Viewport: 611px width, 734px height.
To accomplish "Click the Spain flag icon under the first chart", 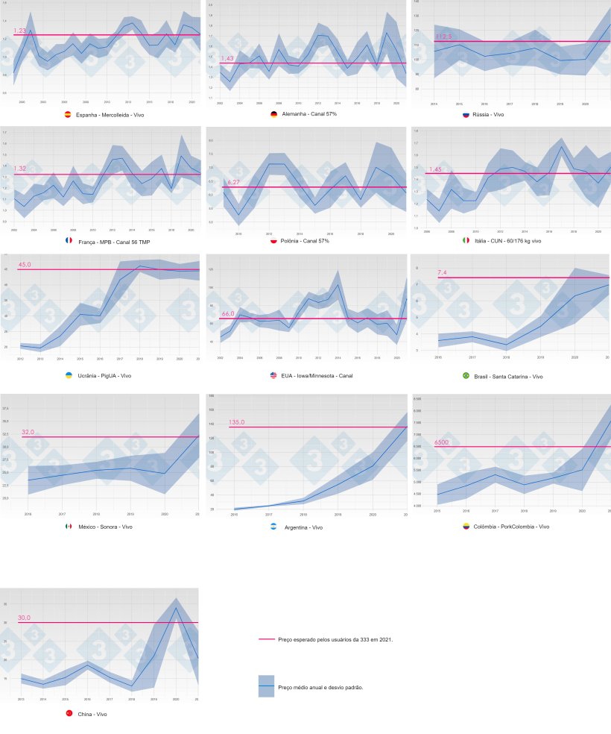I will (69, 115).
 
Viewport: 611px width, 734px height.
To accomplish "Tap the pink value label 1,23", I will (20, 31).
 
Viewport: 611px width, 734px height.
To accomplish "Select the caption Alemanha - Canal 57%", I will (311, 115).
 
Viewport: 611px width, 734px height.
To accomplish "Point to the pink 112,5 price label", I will (443, 37).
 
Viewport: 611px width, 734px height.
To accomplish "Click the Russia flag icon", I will (466, 115).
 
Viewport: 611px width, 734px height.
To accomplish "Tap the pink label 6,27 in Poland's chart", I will (233, 183).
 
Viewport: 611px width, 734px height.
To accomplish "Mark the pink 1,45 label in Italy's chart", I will (435, 169).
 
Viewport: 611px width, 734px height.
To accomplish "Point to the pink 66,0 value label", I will (228, 314).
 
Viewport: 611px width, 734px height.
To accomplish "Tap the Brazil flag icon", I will (466, 376).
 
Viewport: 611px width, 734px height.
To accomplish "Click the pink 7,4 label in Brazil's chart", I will (442, 273).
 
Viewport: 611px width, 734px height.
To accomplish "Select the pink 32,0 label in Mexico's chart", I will (28, 432).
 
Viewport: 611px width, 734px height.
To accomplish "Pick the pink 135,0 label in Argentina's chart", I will (237, 422).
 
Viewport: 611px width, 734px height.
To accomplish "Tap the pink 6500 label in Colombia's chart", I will (443, 442).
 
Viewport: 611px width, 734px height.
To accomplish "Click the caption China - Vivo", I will (92, 714).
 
